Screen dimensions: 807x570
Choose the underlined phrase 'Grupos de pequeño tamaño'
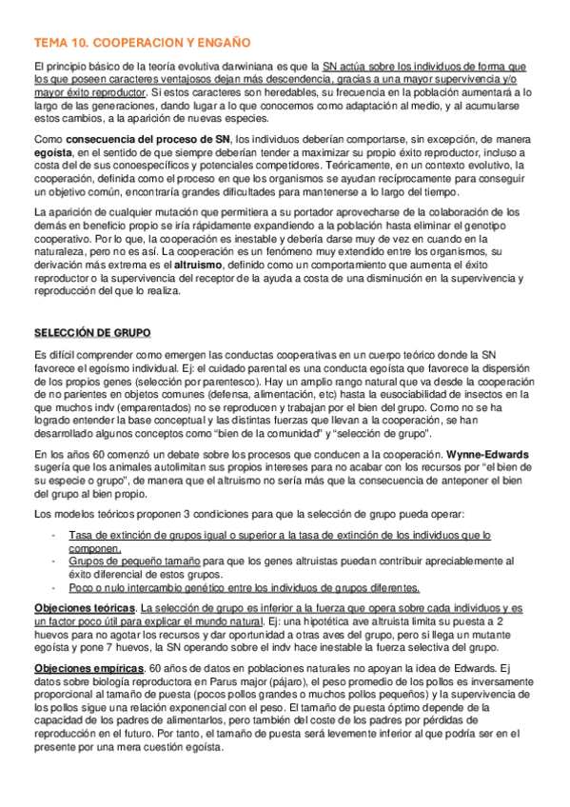pyautogui.click(x=132, y=561)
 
